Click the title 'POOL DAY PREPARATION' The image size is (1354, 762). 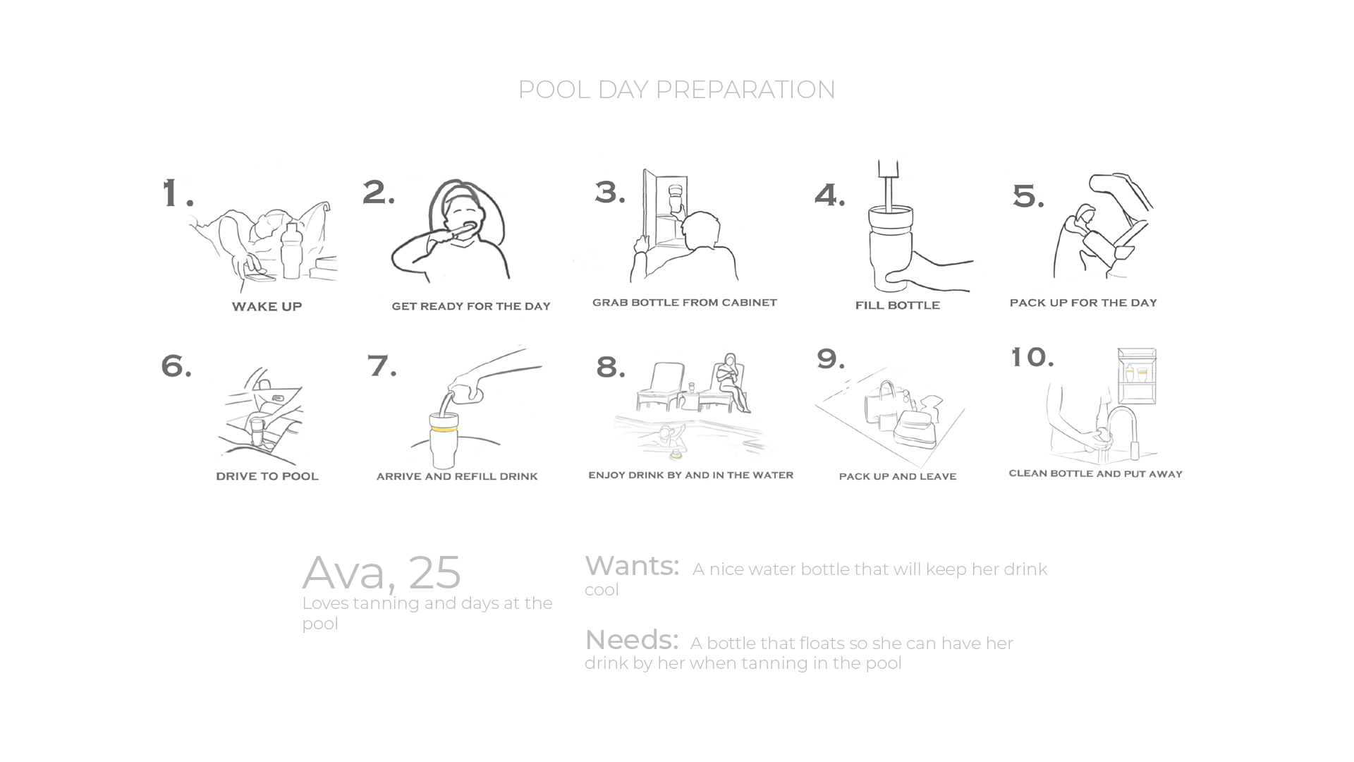point(676,90)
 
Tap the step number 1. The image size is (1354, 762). point(177,193)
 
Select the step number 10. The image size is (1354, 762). point(1032,357)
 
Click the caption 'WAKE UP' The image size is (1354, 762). point(267,306)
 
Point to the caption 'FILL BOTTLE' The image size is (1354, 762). point(897,305)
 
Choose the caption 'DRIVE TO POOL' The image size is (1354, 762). point(267,476)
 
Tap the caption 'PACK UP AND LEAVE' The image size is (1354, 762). point(897,476)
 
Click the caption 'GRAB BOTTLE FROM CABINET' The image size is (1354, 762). point(684,303)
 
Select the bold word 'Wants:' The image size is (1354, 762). point(632,566)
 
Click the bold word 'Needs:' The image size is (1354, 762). point(631,640)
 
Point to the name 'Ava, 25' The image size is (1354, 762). point(382,573)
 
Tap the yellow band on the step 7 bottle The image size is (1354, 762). point(444,428)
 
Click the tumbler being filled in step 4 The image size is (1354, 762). point(890,247)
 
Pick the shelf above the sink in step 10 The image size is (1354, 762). point(1137,376)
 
